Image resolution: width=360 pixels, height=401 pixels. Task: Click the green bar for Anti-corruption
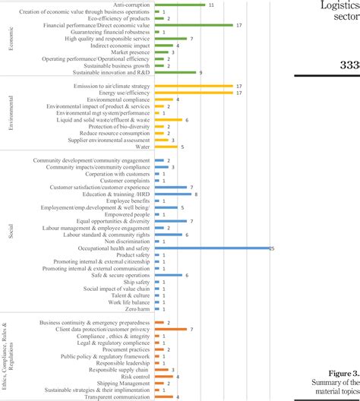[180, 5]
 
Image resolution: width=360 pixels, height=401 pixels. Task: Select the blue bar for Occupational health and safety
[213, 248]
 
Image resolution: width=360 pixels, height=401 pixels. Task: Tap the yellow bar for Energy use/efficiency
[194, 93]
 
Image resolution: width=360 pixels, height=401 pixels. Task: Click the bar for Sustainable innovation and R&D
[175, 73]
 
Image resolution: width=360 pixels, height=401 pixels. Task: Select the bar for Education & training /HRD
[174, 194]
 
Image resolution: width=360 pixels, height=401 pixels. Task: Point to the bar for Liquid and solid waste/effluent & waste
[169, 120]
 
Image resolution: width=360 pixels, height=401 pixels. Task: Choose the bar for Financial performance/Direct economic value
[194, 25]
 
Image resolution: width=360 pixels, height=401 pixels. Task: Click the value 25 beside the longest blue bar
[273, 248]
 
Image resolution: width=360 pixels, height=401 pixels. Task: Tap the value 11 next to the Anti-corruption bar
[210, 5]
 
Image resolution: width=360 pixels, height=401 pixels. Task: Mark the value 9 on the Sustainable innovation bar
[201, 73]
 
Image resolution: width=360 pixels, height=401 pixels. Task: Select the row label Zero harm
[138, 309]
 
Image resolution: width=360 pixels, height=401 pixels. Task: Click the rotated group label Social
[11, 231]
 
